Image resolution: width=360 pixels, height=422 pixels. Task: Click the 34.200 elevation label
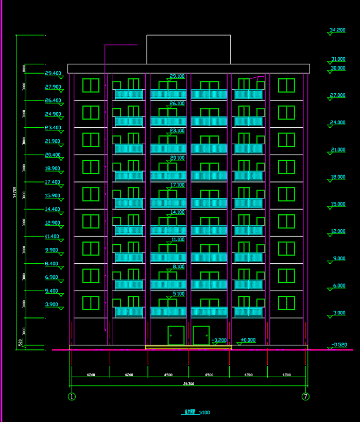pyautogui.click(x=337, y=30)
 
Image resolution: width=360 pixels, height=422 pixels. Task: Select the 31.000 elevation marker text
pyautogui.click(x=338, y=59)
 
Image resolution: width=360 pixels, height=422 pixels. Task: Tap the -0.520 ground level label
pyautogui.click(x=339, y=345)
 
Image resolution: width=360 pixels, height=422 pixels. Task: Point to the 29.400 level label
pyautogui.click(x=53, y=73)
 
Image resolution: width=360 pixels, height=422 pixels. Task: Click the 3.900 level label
pyautogui.click(x=52, y=305)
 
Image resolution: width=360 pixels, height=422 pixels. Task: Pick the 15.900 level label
pyautogui.click(x=53, y=196)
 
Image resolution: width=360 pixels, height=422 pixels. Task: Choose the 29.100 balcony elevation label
pyautogui.click(x=177, y=76)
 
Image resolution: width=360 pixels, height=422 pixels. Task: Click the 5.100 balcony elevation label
pyautogui.click(x=178, y=294)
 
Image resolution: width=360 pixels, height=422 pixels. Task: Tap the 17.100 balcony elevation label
pyautogui.click(x=177, y=185)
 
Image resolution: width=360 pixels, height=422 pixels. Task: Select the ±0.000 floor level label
pyautogui.click(x=248, y=340)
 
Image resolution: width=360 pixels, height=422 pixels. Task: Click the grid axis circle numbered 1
pyautogui.click(x=72, y=397)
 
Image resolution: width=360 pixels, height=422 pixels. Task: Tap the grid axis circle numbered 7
pyautogui.click(x=306, y=397)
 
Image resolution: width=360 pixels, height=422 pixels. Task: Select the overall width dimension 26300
pyautogui.click(x=188, y=384)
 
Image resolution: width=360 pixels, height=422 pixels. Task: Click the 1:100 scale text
pyautogui.click(x=204, y=412)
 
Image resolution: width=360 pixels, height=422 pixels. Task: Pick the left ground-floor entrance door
pyautogui.click(x=176, y=335)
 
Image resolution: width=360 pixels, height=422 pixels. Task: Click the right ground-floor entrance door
pyautogui.click(x=201, y=335)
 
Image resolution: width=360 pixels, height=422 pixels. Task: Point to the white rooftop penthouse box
pyautogui.click(x=188, y=49)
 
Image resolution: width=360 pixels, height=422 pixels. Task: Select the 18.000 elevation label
pyautogui.click(x=338, y=177)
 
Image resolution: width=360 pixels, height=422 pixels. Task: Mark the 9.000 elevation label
pyautogui.click(x=339, y=258)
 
